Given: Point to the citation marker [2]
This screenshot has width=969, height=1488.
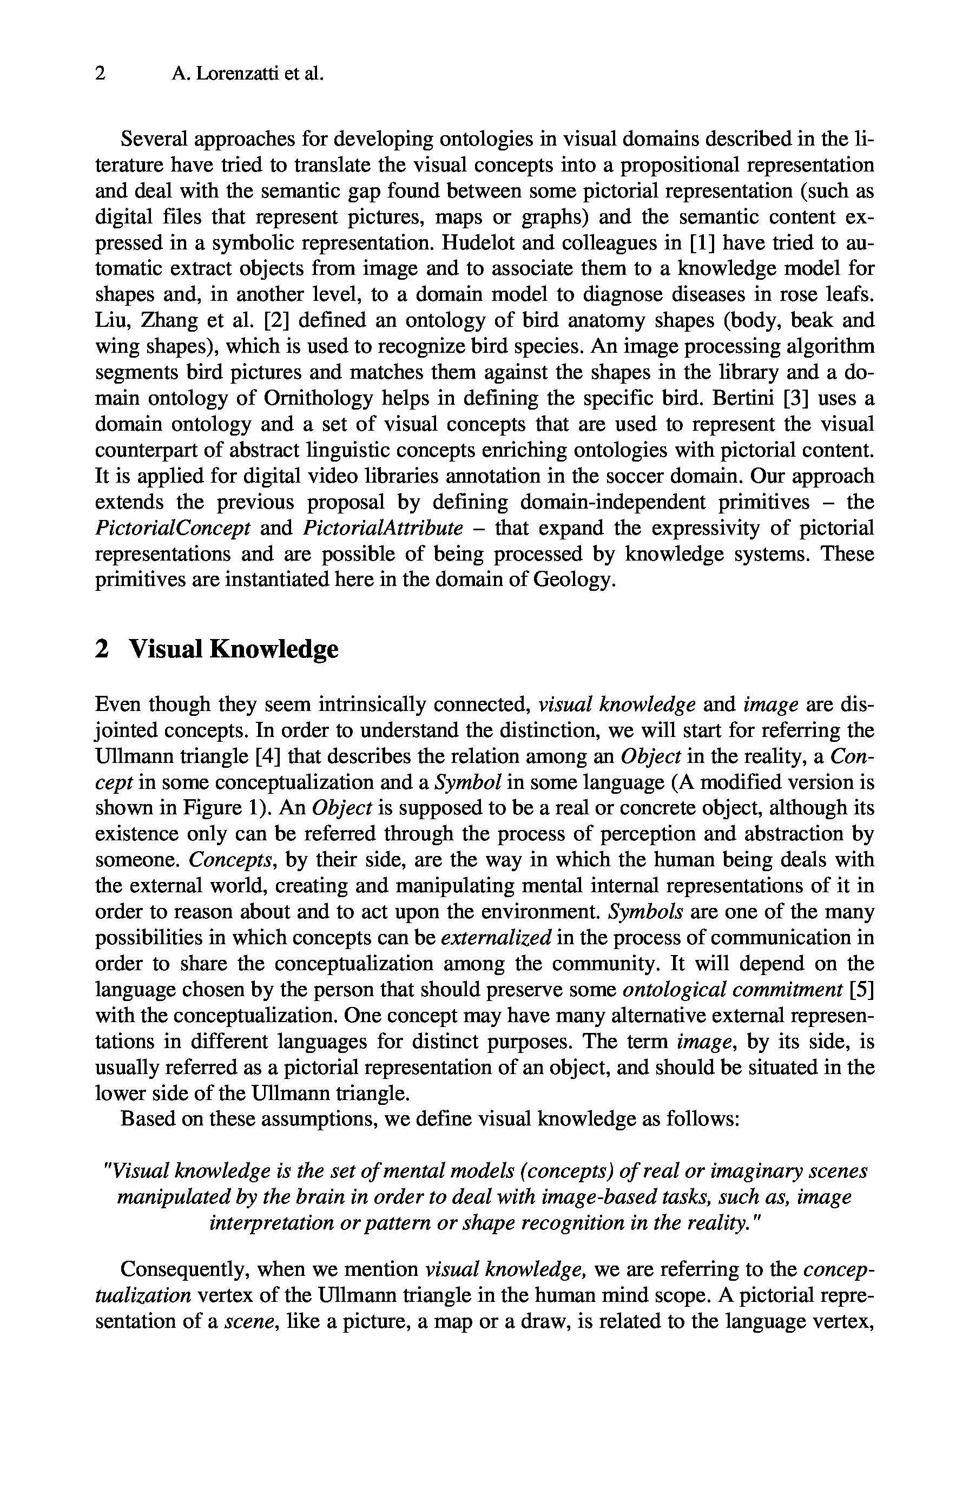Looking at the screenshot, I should coord(276,321).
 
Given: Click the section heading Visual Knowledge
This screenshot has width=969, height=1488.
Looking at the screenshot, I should coord(233,649).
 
